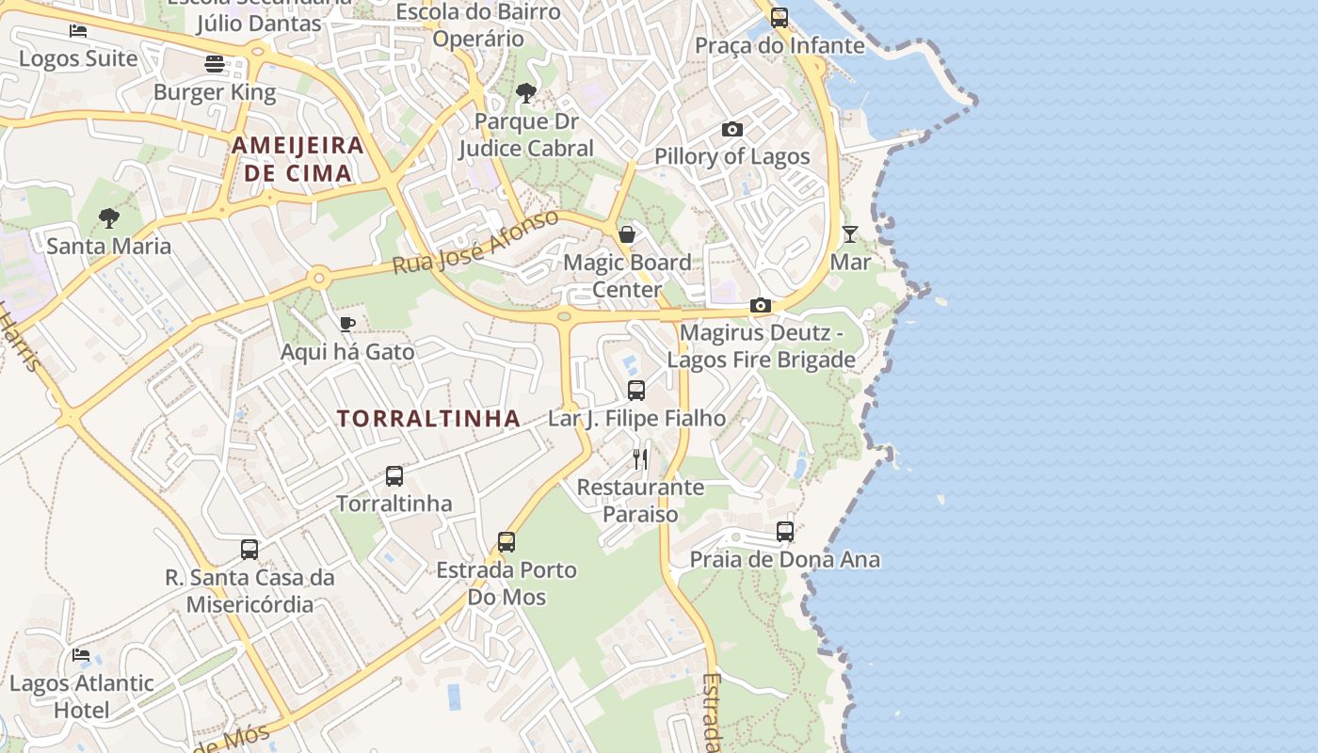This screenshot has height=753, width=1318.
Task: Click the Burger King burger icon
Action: (x=215, y=64)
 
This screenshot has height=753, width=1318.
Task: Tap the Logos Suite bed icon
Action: (x=78, y=31)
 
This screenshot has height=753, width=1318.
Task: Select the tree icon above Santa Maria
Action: (x=109, y=218)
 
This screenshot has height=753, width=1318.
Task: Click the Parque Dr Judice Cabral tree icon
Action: (x=526, y=93)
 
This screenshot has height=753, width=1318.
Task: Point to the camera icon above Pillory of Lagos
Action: (x=731, y=129)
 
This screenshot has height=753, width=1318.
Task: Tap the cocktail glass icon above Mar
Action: (x=850, y=233)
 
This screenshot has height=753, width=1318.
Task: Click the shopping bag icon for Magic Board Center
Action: (x=627, y=234)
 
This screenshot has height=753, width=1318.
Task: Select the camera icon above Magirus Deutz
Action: (x=761, y=305)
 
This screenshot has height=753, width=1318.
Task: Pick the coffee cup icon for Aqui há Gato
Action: (x=347, y=325)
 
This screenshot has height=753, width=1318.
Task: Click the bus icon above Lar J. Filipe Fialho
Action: (x=636, y=390)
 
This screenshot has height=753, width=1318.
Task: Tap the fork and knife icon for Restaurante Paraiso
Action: (x=640, y=458)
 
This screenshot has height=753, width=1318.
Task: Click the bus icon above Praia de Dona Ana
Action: (x=785, y=531)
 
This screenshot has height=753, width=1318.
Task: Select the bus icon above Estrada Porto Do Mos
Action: (x=506, y=541)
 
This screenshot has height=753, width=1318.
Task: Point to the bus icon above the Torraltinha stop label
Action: (x=394, y=475)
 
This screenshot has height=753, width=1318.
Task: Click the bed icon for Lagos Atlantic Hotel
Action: (x=81, y=654)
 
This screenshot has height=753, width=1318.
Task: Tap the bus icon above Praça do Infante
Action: (x=780, y=17)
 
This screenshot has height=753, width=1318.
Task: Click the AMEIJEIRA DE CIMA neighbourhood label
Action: (x=297, y=159)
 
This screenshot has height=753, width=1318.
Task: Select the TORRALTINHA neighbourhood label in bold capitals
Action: (x=428, y=419)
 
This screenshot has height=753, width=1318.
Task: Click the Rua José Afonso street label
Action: (x=475, y=243)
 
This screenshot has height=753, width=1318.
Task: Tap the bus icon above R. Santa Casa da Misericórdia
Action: (x=249, y=549)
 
